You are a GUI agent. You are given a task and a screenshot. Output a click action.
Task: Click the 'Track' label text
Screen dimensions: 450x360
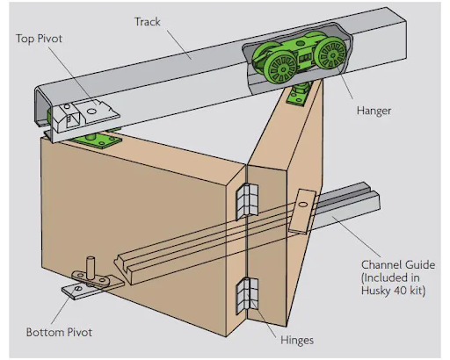tap(148, 22)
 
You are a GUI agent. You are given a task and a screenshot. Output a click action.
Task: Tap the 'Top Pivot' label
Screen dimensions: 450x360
tap(39, 39)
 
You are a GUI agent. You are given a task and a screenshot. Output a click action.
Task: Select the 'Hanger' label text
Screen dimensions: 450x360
tap(374, 111)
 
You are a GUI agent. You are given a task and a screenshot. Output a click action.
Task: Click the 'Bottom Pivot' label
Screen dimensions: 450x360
tap(59, 332)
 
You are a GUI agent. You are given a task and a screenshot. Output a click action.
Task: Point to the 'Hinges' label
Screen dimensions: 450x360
tap(297, 341)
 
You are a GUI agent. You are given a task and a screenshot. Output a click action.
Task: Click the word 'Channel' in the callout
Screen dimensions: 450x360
tap(379, 265)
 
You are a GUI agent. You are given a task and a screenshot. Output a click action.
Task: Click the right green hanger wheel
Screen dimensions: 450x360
tap(332, 54)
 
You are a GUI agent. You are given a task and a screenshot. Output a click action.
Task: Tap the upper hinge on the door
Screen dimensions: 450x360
tap(247, 202)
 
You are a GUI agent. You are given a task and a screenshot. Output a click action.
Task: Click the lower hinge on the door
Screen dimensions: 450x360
tap(247, 296)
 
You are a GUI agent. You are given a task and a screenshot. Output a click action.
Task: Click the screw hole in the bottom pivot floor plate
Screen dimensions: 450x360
tap(78, 289)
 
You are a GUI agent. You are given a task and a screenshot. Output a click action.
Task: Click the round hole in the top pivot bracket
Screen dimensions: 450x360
tap(92, 112)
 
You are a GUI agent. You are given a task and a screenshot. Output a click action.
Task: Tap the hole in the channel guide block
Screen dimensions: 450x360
tap(304, 204)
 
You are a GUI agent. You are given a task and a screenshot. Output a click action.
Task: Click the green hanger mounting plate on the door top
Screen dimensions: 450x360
tap(297, 96)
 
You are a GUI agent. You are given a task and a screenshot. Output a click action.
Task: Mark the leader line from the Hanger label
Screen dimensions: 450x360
tap(345, 82)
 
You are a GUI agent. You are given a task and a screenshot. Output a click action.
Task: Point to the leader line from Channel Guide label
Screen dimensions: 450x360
tap(356, 236)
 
